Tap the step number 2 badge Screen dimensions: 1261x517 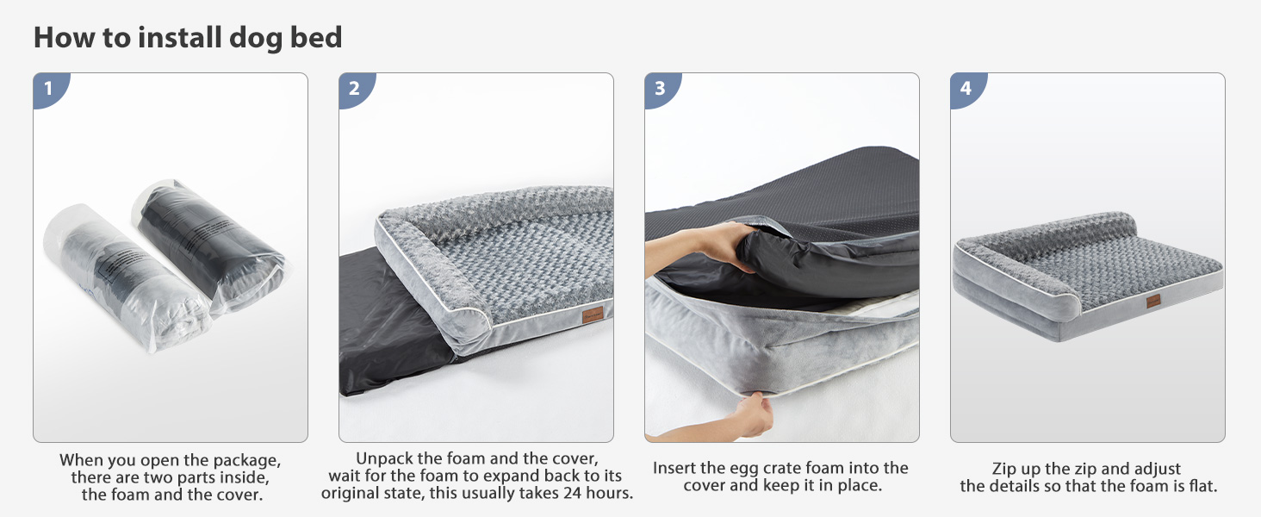355,89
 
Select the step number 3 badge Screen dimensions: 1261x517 661,89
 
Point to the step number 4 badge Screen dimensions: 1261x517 966,89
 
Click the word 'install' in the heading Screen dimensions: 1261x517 180,37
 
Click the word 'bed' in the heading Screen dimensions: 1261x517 316,37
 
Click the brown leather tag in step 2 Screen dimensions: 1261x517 593,315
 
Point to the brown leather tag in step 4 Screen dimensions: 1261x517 1153,302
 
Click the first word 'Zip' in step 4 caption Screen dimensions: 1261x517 1003,469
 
